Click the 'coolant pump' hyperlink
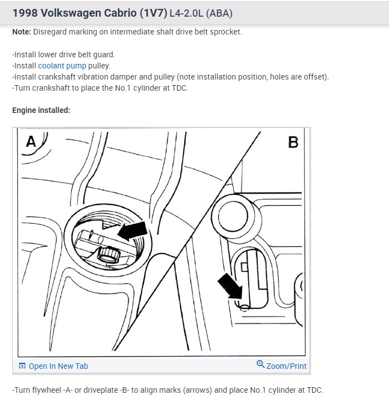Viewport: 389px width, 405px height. (x=62, y=66)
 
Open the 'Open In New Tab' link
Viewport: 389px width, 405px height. (x=58, y=366)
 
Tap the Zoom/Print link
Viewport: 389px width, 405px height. (x=286, y=366)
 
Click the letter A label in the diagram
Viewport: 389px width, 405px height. (x=31, y=141)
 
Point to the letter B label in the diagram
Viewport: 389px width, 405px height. (x=293, y=142)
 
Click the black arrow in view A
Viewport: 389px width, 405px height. (x=132, y=231)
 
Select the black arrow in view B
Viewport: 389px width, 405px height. (x=230, y=287)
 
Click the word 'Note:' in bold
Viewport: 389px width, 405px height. (x=22, y=32)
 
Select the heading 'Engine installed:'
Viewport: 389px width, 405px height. (x=41, y=110)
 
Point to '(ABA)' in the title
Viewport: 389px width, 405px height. (x=219, y=13)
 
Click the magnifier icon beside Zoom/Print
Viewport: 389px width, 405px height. (x=260, y=364)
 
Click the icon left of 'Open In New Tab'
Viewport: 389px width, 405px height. (x=22, y=366)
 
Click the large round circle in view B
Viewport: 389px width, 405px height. (x=234, y=216)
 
